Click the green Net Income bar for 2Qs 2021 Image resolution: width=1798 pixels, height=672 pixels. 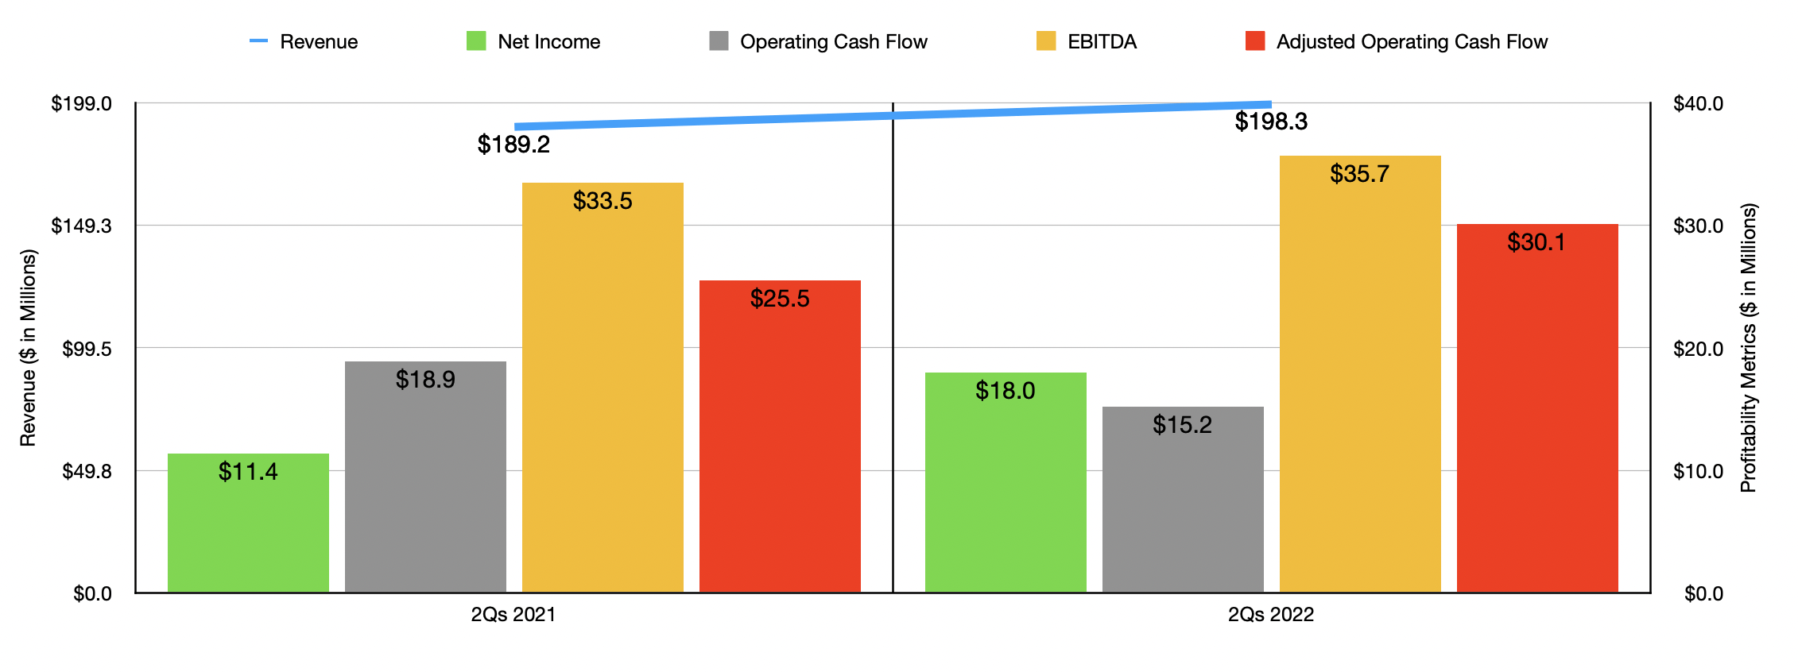(x=248, y=524)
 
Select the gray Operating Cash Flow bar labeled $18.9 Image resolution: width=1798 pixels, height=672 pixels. (x=425, y=477)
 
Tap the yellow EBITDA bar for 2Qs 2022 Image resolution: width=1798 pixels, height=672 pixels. (x=1359, y=373)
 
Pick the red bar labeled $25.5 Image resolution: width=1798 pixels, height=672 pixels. (x=780, y=437)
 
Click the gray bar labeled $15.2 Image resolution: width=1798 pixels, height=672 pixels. (x=1183, y=500)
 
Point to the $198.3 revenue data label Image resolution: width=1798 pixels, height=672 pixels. (x=1270, y=122)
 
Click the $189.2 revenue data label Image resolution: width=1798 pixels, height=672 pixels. (x=513, y=145)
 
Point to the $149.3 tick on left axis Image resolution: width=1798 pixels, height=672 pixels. (x=81, y=226)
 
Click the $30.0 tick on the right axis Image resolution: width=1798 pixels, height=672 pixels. (x=1698, y=226)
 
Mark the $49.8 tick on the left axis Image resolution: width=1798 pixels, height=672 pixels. (x=87, y=472)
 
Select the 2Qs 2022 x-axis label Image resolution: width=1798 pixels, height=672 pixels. (x=1270, y=614)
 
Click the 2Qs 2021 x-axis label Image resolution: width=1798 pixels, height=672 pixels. (x=513, y=614)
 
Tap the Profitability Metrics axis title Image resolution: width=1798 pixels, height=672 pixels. (x=1748, y=348)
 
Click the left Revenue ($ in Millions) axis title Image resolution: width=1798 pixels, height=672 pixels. (x=28, y=348)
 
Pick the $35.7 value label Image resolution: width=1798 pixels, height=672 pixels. (x=1359, y=174)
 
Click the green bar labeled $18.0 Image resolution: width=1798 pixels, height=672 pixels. (x=1006, y=485)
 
